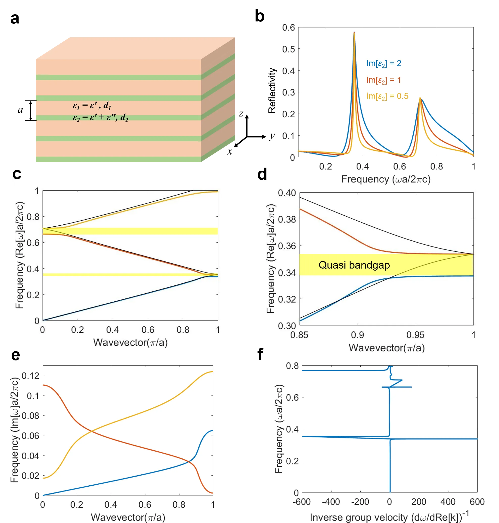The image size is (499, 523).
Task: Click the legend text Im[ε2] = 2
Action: pos(384,64)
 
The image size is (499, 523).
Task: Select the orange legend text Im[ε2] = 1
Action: pos(383,80)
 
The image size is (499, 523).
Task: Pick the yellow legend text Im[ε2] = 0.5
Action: pos(387,96)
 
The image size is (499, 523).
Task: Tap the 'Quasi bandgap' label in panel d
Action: pos(354,265)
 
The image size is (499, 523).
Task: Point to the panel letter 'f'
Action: pos(260,354)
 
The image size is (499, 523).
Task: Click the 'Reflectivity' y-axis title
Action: pos(272,91)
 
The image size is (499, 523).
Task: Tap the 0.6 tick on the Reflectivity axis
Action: pos(289,27)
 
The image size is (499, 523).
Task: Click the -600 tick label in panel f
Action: pos(302,502)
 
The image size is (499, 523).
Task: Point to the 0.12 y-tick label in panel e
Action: pos(30,376)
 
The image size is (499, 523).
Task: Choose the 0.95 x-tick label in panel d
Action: pos(415,335)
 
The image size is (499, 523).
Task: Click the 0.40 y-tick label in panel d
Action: pos(287,193)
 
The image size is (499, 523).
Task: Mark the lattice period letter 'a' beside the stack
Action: pos(20,110)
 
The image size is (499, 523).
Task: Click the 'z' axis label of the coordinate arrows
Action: pos(241,114)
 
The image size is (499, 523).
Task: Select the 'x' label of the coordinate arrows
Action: pos(230,151)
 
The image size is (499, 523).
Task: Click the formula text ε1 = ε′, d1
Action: pos(92,106)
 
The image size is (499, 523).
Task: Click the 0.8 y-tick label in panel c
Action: pos(33,217)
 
